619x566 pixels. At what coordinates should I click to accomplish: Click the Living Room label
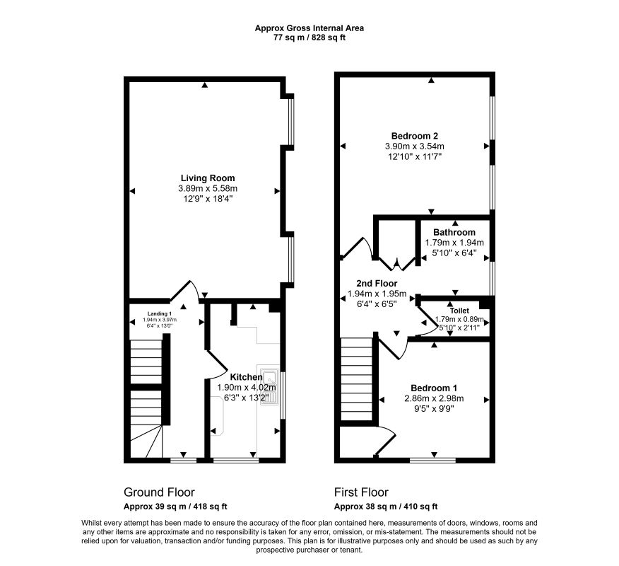[x=208, y=178]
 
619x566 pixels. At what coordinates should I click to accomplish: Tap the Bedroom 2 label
[x=415, y=136]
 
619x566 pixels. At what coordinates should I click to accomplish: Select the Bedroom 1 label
[x=434, y=388]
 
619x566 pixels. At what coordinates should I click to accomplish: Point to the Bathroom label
[x=454, y=232]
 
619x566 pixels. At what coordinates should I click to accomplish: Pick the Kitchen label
[x=246, y=377]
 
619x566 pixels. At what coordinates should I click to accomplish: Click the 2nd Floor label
[x=377, y=284]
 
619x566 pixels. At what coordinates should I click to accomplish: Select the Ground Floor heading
[x=159, y=492]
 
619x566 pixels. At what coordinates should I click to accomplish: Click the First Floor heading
[x=361, y=492]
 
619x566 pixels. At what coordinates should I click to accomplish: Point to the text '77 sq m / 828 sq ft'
[x=309, y=38]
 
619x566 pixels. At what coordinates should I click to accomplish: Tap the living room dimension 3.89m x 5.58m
[x=208, y=188]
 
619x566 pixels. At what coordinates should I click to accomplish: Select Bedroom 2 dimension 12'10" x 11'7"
[x=415, y=156]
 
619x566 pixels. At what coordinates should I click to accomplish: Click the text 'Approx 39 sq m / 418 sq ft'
[x=175, y=507]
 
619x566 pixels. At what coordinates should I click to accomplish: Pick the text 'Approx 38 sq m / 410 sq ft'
[x=386, y=507]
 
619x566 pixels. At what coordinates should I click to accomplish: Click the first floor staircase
[x=356, y=379]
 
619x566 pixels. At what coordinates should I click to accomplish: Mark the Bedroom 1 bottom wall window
[x=432, y=460]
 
